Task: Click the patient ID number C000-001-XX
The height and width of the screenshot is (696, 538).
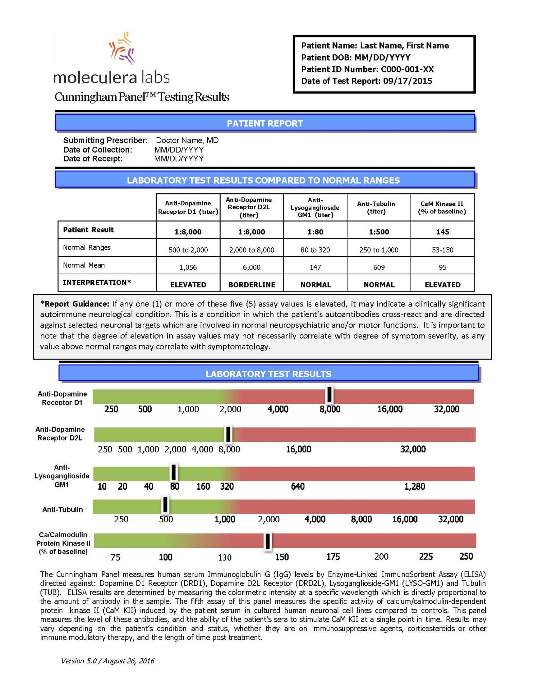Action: [x=407, y=69]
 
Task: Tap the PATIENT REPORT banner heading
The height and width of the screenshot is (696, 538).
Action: [x=265, y=123]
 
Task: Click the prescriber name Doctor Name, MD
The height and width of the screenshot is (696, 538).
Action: [x=187, y=140]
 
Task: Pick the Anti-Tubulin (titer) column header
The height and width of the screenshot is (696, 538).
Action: [x=376, y=207]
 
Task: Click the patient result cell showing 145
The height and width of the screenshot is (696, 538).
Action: [x=442, y=232]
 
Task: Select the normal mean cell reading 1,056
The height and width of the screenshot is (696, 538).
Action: [x=188, y=267]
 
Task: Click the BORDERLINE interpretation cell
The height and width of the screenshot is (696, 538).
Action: [x=251, y=285]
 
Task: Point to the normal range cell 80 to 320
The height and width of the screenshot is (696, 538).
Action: [x=315, y=250]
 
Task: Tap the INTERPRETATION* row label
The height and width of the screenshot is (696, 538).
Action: [x=97, y=282]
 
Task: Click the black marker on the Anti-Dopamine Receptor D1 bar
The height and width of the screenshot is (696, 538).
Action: [x=329, y=395]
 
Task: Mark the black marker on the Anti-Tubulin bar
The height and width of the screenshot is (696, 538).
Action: [x=165, y=505]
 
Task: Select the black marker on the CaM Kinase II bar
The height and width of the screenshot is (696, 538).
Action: [x=268, y=541]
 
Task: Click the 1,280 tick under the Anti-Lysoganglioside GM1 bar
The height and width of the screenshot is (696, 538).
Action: [x=414, y=487]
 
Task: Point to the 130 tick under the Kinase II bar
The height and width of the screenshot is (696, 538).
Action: [x=225, y=557]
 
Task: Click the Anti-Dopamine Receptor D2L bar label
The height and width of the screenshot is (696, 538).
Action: [x=60, y=434]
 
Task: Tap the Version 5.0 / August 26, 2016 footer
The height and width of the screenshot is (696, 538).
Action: [x=107, y=661]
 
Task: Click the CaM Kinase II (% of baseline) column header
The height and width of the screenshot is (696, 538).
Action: [x=442, y=207]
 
